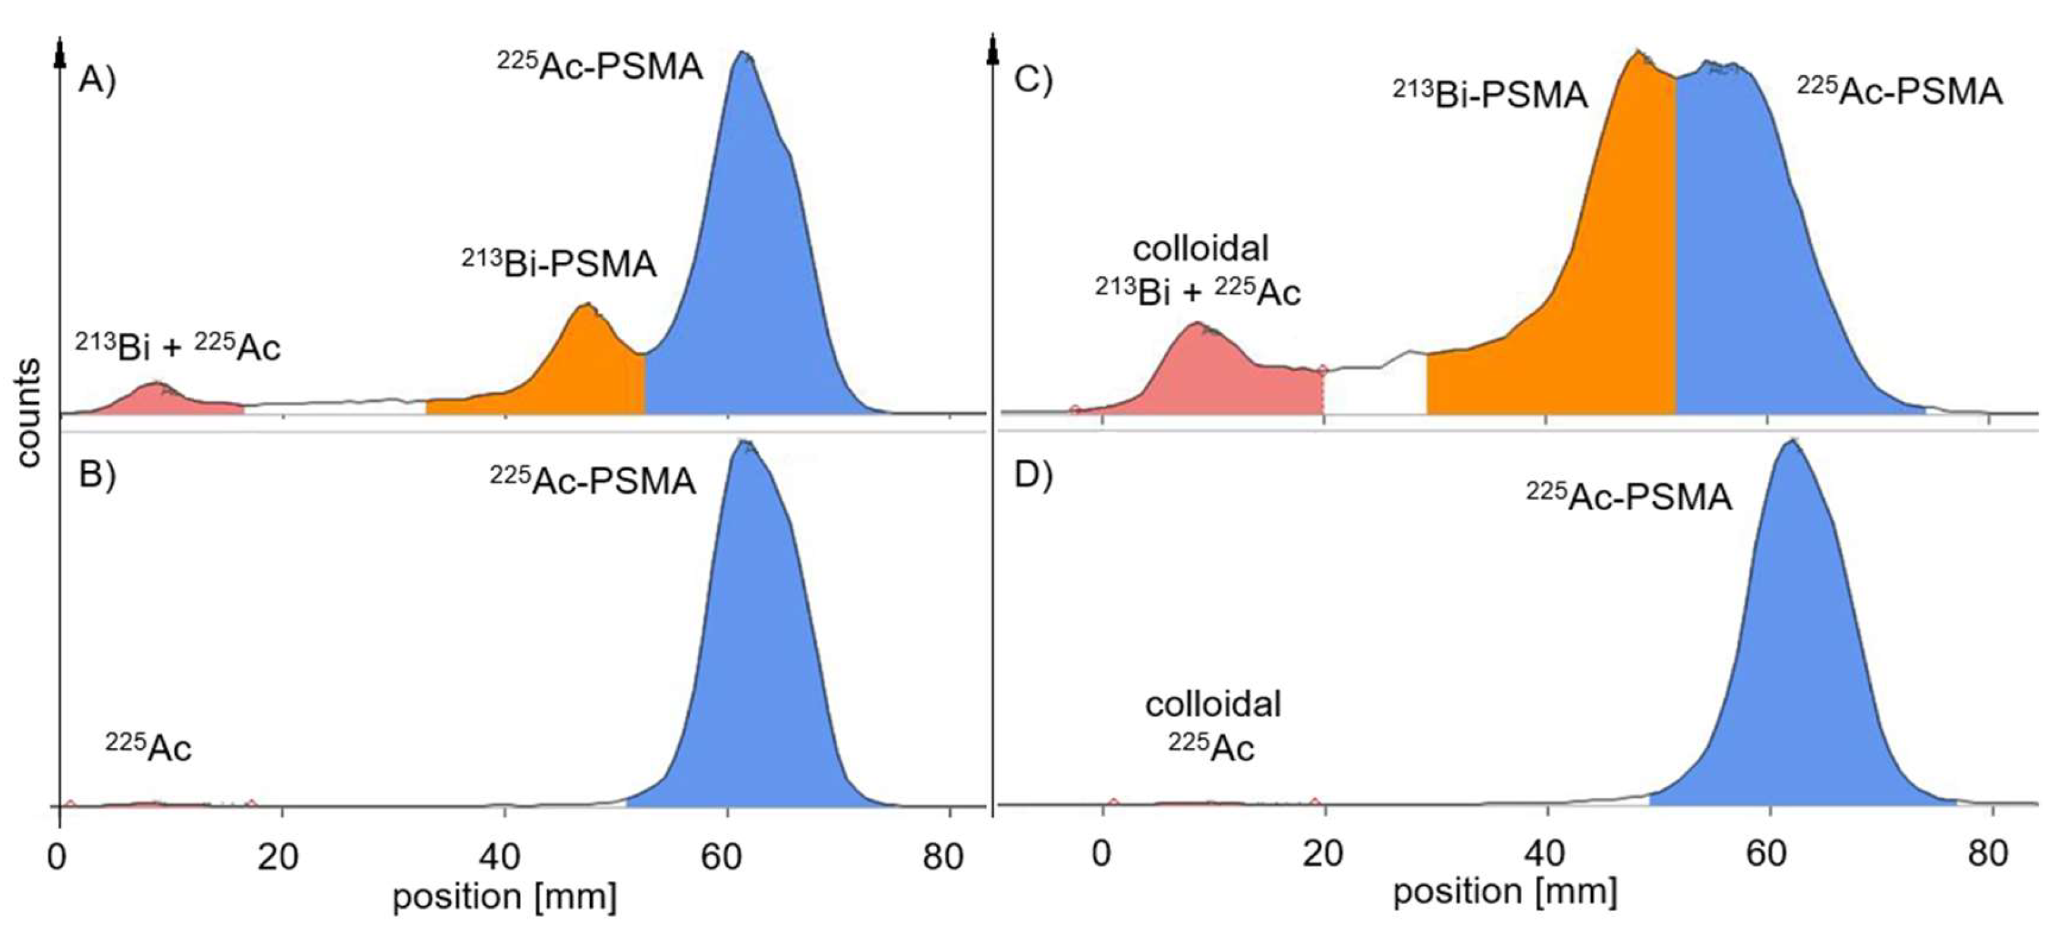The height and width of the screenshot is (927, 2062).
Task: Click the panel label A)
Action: point(97,82)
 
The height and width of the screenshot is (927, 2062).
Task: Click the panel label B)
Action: point(97,476)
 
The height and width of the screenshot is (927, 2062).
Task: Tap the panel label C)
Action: point(1033,82)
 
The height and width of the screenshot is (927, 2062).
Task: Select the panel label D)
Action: point(1033,476)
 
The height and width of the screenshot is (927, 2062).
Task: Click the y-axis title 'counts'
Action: point(29,412)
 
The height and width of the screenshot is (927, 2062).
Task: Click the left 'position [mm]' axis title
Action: point(505,897)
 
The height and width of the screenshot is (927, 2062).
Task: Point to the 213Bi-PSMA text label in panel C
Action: point(1490,94)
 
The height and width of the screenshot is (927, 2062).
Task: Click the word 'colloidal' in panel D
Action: point(1213,704)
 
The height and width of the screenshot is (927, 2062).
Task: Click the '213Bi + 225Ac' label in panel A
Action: point(178,347)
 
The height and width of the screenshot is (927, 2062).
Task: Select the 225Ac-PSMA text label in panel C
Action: point(1899,92)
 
